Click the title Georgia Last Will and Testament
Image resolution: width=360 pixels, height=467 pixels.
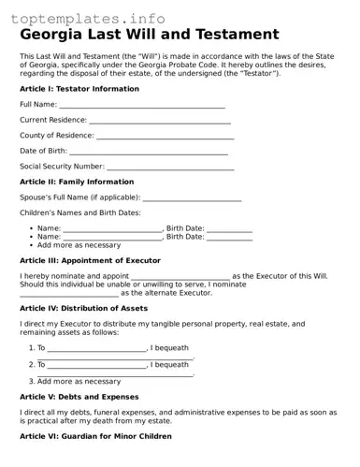click(x=150, y=35)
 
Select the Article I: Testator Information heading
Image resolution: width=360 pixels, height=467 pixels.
click(x=79, y=89)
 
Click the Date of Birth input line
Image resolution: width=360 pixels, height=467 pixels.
click(x=149, y=152)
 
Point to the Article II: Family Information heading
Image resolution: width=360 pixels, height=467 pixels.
click(x=77, y=182)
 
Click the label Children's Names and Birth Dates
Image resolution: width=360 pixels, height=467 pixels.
click(x=80, y=213)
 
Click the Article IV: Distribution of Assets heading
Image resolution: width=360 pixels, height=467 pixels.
click(x=83, y=308)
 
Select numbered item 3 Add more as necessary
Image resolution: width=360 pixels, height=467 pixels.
click(x=79, y=382)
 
